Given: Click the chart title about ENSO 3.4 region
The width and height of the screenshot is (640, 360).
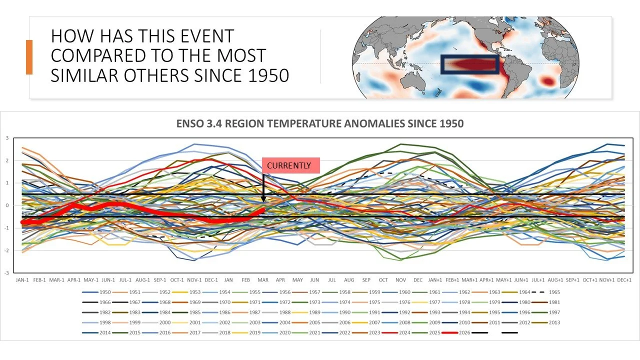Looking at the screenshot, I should click(x=320, y=123).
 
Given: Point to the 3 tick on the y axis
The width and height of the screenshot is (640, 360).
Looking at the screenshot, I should click(x=7, y=138).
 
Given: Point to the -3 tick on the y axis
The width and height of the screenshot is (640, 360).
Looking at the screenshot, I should click(x=7, y=273).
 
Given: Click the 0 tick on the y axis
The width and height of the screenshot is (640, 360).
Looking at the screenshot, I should click(x=7, y=205).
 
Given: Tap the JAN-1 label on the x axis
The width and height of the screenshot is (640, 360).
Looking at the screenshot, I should click(x=23, y=280).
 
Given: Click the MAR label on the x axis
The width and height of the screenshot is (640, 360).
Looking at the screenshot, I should click(x=263, y=280).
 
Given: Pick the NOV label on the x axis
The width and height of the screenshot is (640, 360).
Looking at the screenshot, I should click(x=400, y=280).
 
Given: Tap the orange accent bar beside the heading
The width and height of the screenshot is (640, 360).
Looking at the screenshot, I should click(x=29, y=57).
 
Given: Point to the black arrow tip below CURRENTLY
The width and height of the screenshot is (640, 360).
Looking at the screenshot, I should click(x=263, y=201).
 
